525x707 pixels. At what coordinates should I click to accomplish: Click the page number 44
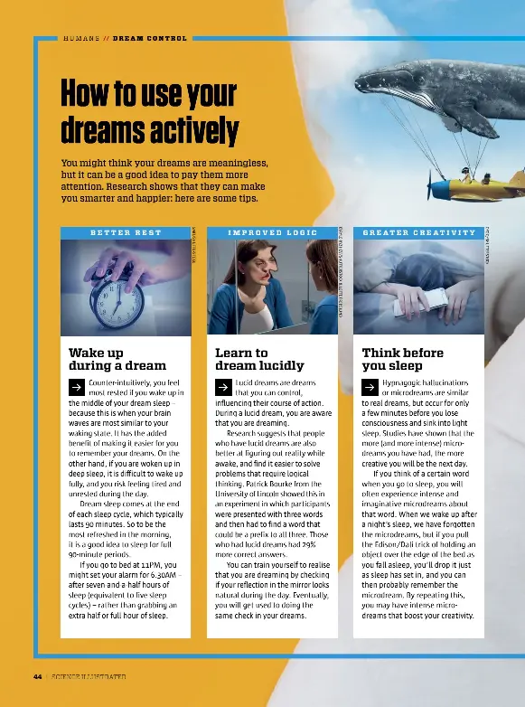[x=38, y=676]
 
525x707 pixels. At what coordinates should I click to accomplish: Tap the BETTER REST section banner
[x=126, y=232]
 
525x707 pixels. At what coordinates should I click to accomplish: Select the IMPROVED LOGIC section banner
[x=273, y=232]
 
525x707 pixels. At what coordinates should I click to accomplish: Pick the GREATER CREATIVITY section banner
[x=418, y=232]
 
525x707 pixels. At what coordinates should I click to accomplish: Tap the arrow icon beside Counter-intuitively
[x=77, y=385]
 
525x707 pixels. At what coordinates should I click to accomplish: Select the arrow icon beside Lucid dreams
[x=223, y=385]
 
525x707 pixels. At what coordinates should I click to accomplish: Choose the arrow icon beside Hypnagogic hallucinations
[x=370, y=385]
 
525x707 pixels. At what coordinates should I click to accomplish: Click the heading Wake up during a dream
[x=117, y=359]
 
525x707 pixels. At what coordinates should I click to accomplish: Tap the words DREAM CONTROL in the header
[x=150, y=38]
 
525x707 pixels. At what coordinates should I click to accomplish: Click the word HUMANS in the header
[x=81, y=38]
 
